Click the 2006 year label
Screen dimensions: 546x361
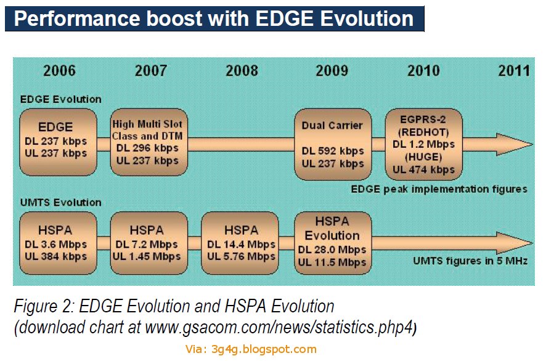[59, 71]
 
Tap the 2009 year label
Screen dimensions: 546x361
[332, 71]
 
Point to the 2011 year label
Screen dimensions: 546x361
[514, 71]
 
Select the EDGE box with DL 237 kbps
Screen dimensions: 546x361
[58, 142]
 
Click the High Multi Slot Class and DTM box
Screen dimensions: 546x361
[149, 142]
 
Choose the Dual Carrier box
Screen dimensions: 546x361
[333, 144]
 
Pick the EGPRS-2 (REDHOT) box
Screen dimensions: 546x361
[424, 144]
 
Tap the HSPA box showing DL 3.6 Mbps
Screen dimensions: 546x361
[58, 243]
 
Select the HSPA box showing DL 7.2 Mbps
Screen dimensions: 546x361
[149, 243]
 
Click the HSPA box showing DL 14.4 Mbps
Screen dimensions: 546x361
[240, 243]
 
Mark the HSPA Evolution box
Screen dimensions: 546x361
[333, 243]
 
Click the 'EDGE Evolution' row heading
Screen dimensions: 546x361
[60, 100]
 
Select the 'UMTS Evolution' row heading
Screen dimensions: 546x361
[60, 203]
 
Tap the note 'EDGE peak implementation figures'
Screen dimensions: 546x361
[439, 189]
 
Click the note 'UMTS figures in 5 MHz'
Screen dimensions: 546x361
[470, 261]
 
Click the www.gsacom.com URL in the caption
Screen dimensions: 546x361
[279, 328]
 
